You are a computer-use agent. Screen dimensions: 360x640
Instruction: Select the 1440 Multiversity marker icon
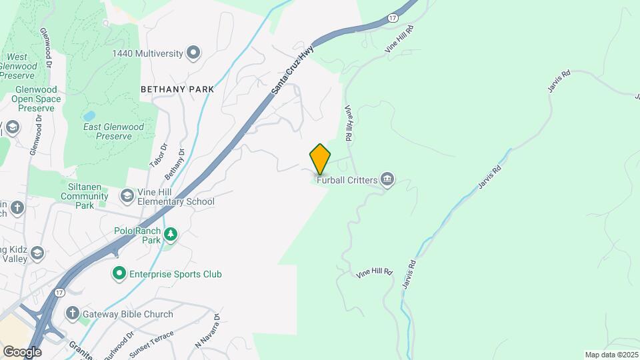coord(193,53)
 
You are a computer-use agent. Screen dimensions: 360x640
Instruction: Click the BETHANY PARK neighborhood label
coord(177,89)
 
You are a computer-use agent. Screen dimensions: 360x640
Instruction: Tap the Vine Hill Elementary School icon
coord(127,196)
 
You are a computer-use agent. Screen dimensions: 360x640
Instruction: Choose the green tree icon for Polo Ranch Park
coord(172,233)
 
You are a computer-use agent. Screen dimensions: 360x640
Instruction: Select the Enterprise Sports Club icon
coord(119,274)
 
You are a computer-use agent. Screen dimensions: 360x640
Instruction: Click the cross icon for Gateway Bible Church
coord(72,313)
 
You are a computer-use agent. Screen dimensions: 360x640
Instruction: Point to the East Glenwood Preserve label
coord(113,131)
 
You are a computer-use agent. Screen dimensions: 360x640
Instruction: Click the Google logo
coord(21,351)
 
